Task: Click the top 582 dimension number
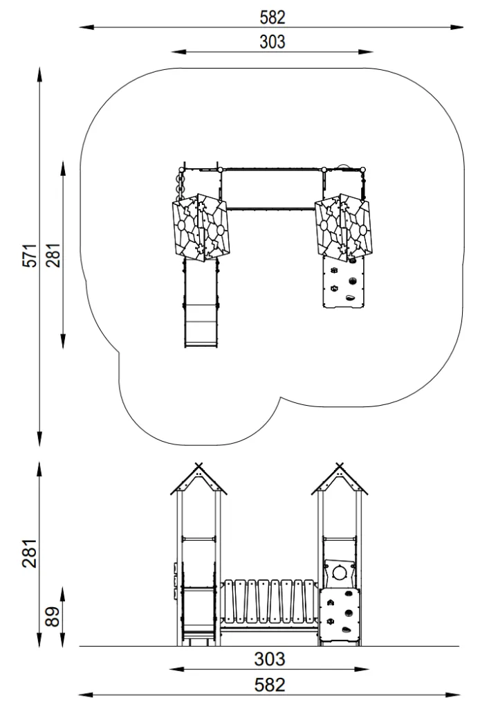pos(273,17)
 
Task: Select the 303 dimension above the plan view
pos(273,42)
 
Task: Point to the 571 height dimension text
pos(30,255)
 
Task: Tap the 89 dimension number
pos(53,616)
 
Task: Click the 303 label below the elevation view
pos(270,659)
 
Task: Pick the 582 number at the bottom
pos(270,685)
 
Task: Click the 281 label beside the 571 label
pos(53,255)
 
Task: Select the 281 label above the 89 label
pos(29,553)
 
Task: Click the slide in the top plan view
pos(201,303)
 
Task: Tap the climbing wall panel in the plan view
pos(343,282)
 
